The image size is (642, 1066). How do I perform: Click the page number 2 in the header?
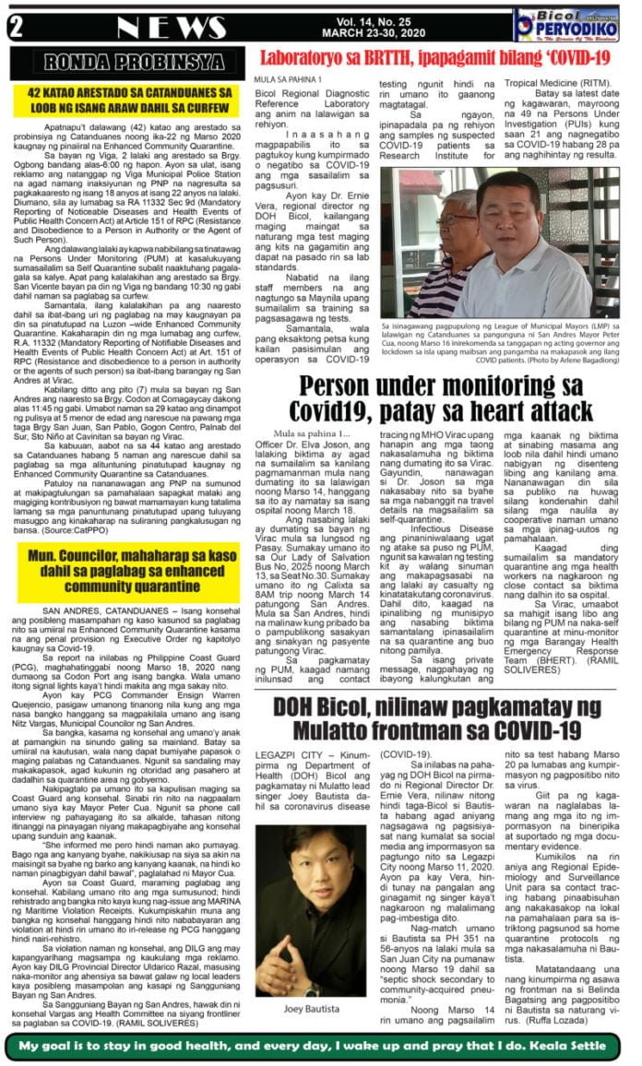click(x=16, y=25)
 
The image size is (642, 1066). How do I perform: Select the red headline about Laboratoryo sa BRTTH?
click(x=435, y=58)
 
